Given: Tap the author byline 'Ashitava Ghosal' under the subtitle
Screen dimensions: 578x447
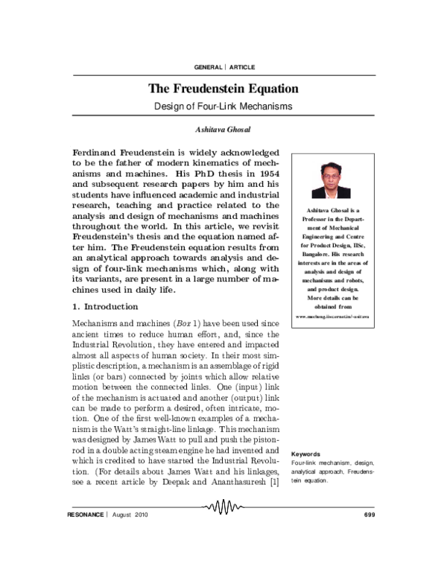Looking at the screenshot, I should tap(223, 129).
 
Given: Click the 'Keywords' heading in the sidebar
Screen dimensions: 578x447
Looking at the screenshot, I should tap(305, 454).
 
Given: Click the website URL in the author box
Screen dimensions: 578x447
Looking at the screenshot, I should tap(332, 317).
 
